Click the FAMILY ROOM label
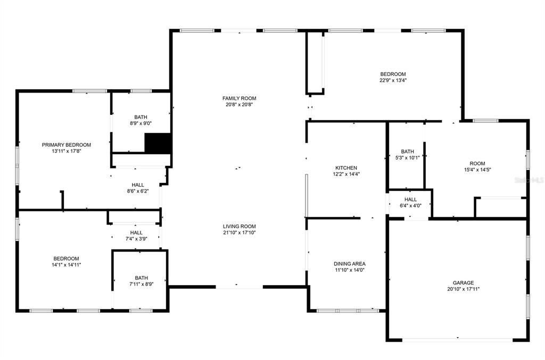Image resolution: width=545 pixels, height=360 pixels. coord(239,98)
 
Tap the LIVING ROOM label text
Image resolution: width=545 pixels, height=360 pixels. coord(239,227)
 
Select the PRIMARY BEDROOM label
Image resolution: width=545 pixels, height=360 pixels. coord(67,145)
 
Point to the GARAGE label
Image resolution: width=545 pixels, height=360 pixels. coord(463,282)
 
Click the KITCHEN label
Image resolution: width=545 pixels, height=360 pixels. coord(346,168)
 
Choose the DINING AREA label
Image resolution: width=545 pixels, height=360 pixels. coord(349,264)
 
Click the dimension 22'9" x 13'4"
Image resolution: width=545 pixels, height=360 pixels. coord(393,80)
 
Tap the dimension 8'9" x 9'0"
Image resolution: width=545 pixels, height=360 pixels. coord(141,123)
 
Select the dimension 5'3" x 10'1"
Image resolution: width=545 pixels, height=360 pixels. coord(408,157)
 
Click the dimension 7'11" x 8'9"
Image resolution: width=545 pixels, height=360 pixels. coord(142,284)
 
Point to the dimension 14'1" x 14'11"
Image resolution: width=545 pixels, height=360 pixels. coord(67,265)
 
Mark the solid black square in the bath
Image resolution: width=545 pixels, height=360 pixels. coord(158,143)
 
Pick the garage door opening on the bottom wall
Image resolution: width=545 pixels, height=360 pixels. coord(457,339)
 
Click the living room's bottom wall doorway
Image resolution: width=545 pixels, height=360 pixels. coord(239,287)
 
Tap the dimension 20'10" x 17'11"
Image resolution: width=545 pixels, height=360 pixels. coord(464,289)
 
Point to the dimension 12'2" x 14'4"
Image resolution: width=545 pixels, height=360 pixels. coord(346,174)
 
